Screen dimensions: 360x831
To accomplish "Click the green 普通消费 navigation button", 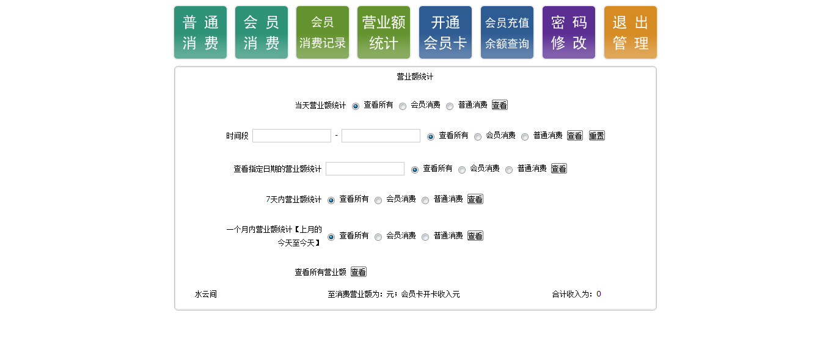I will pos(200,32).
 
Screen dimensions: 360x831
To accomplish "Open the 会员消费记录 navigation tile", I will pos(323,32).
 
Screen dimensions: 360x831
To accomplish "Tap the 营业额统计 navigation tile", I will pos(384,32).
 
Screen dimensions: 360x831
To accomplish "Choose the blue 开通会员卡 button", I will pos(445,32).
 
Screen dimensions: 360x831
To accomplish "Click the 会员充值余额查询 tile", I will pos(507,32).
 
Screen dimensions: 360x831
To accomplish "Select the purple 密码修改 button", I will pos(569,32).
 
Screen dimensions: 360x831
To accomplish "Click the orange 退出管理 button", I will pos(631,32).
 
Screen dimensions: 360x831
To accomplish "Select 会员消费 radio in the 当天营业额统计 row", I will pos(403,106).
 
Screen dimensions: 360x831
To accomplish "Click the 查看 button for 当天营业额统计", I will pos(500,105).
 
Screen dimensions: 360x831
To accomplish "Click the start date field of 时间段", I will pos(291,136).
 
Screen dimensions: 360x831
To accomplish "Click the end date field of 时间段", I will pos(381,136).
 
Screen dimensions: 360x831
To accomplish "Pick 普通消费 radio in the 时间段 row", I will pos(525,137).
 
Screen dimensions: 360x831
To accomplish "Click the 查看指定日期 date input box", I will pos(365,169).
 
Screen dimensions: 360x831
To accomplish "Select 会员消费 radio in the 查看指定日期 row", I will pos(462,170).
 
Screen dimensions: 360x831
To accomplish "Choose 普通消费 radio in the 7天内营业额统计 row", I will pos(425,200).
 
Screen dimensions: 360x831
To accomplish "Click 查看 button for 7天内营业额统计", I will pos(475,199).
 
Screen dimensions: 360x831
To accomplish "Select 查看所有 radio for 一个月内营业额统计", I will pos(331,237).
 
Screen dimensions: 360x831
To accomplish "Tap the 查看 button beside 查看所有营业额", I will pos(359,272).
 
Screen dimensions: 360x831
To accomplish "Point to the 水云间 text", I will pos(206,294).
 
